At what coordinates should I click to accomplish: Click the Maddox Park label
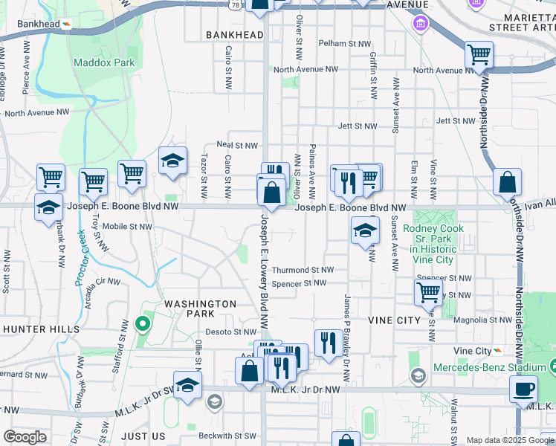(104, 62)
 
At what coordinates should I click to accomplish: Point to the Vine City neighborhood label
(394, 320)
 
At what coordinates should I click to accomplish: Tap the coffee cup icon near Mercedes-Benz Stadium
(523, 389)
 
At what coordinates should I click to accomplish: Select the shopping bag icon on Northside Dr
(507, 182)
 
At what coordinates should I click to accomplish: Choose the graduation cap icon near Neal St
(172, 161)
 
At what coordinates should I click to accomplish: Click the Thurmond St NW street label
(303, 271)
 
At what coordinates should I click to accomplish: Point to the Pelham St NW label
(344, 44)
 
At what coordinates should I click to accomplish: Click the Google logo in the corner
(25, 437)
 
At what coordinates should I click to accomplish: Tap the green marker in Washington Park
(141, 324)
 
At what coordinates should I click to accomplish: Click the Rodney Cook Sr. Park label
(433, 239)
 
